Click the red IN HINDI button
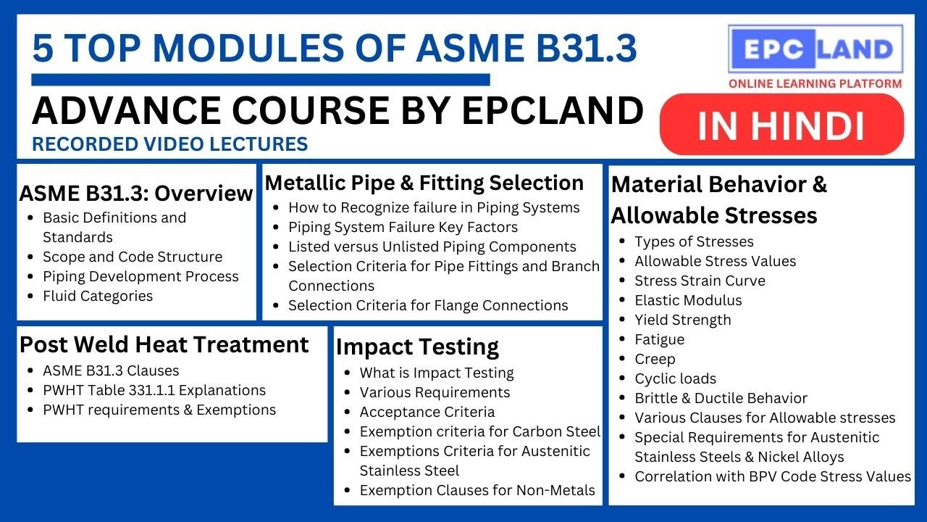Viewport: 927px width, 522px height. [x=782, y=125]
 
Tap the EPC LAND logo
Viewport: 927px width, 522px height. [x=815, y=49]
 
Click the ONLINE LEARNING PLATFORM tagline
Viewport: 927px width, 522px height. [x=815, y=83]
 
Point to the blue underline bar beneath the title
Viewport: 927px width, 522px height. [x=261, y=79]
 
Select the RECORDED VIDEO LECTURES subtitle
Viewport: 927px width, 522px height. [x=170, y=144]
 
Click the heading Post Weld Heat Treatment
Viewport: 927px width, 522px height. [x=164, y=344]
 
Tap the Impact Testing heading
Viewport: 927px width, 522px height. [x=418, y=347]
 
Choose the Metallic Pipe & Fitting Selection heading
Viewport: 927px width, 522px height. [x=424, y=182]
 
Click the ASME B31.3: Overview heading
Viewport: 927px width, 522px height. [x=136, y=194]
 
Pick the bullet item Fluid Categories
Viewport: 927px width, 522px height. [x=98, y=296]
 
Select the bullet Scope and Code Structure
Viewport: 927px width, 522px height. [x=133, y=257]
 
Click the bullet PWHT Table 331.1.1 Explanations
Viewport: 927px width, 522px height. [x=154, y=390]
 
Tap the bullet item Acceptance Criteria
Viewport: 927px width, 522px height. [x=427, y=412]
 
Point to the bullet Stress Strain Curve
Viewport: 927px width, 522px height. [x=700, y=281]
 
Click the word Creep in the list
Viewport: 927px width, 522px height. [x=655, y=359]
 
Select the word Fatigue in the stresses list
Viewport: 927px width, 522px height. [x=659, y=339]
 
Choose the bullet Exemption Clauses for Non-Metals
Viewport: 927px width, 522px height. [x=477, y=490]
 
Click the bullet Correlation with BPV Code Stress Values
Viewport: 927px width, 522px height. [x=773, y=476]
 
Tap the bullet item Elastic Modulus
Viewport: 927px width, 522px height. [x=688, y=300]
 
